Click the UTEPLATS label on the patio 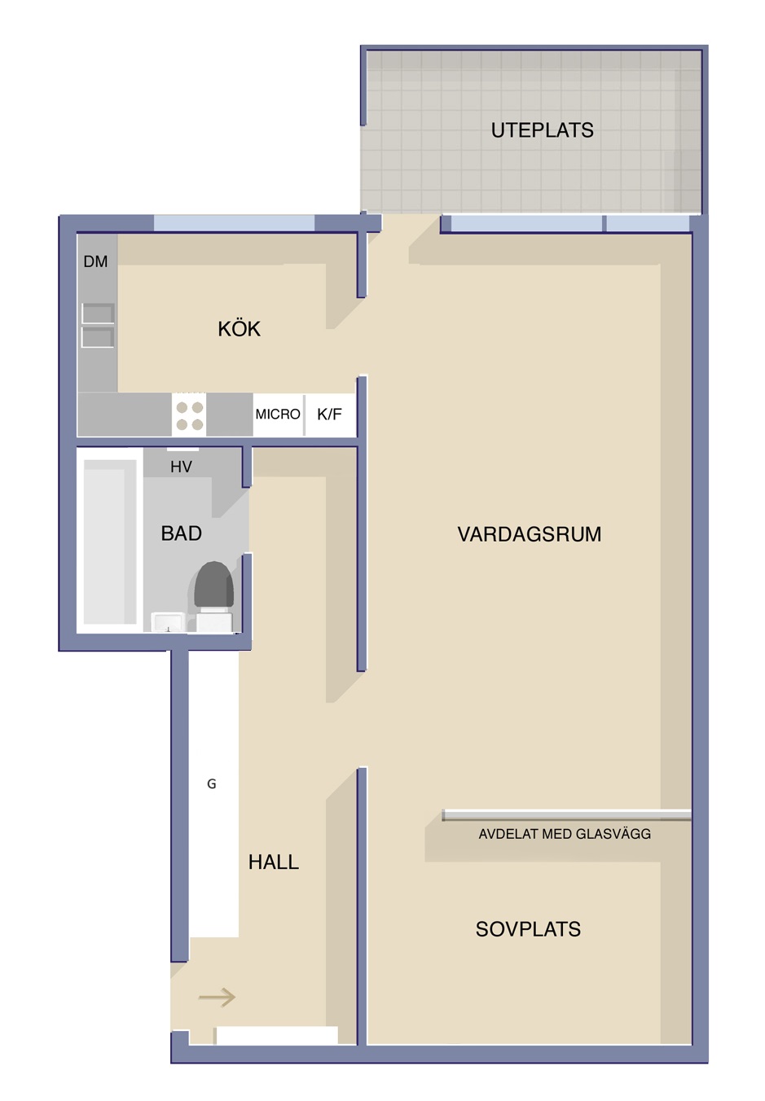pyautogui.click(x=542, y=130)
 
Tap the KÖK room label pyautogui.click(x=239, y=328)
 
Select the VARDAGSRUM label pyautogui.click(x=529, y=534)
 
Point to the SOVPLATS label pyautogui.click(x=528, y=929)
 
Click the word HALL pyautogui.click(x=274, y=862)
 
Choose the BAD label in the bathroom pyautogui.click(x=182, y=533)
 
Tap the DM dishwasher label pyautogui.click(x=95, y=261)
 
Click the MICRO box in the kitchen pyautogui.click(x=279, y=415)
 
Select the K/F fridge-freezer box pyautogui.click(x=331, y=415)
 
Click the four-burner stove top pyautogui.click(x=189, y=415)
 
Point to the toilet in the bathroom pyautogui.click(x=214, y=596)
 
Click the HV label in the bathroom pyautogui.click(x=181, y=467)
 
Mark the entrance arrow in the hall pyautogui.click(x=217, y=998)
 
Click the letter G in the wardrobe pyautogui.click(x=211, y=783)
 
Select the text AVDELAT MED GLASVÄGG pyautogui.click(x=565, y=834)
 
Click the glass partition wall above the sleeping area pyautogui.click(x=566, y=815)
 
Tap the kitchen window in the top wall pyautogui.click(x=234, y=223)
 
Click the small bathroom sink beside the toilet pyautogui.click(x=168, y=622)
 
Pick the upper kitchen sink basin pyautogui.click(x=98, y=313)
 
